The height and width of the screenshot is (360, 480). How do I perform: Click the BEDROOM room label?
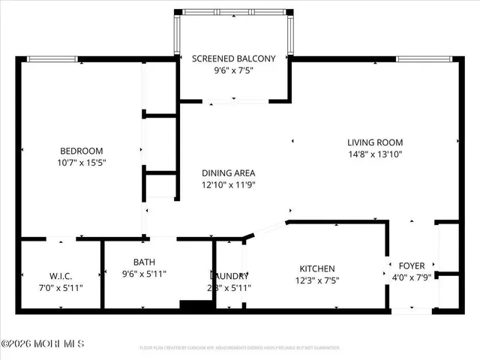(x=81, y=151)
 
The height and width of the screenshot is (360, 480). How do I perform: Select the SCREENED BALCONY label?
(x=233, y=58)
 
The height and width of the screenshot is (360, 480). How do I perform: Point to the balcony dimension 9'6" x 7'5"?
(x=233, y=70)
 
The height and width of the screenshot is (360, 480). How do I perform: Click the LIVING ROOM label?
(x=375, y=142)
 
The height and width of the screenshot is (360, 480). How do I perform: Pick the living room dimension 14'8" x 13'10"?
(x=375, y=154)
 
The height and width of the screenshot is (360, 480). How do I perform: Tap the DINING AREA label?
(x=229, y=173)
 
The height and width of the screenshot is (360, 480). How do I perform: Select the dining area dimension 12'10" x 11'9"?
(x=229, y=185)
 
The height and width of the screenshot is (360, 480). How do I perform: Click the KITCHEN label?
(x=317, y=268)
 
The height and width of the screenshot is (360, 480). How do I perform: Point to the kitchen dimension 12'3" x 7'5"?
(x=317, y=280)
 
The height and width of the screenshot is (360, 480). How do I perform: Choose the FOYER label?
(x=412, y=265)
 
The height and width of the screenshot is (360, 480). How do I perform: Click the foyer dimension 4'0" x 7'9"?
(x=412, y=277)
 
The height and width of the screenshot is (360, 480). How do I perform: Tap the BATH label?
(x=144, y=262)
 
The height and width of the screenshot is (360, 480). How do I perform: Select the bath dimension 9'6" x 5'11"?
(x=144, y=274)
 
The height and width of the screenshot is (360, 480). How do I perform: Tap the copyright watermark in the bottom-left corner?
(x=43, y=344)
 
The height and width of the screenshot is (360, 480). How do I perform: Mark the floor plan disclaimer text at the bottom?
(x=240, y=348)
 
